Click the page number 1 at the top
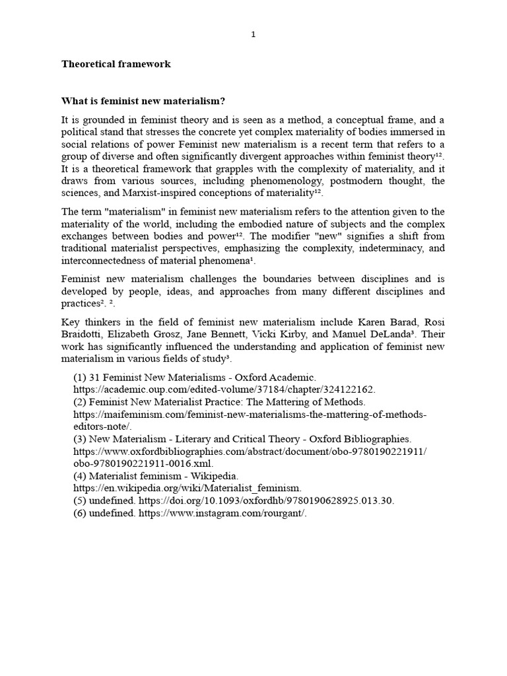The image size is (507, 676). point(253,35)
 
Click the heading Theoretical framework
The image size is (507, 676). point(116,64)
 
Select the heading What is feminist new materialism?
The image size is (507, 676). point(143,101)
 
